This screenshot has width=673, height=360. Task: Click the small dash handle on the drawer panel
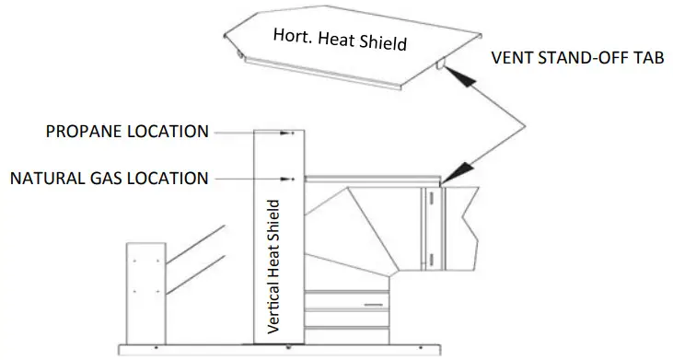(x=373, y=303)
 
